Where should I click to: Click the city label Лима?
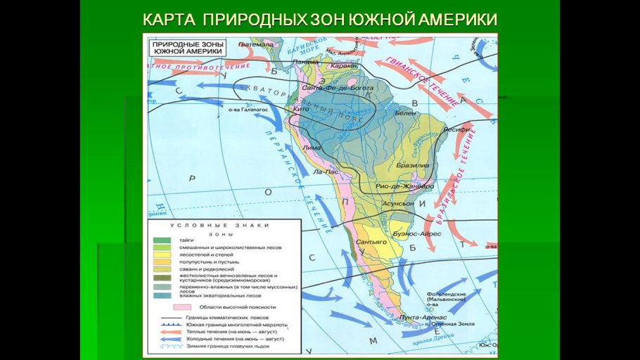[312, 148]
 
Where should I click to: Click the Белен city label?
[406, 112]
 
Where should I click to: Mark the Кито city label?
[300, 110]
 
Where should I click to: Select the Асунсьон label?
[398, 202]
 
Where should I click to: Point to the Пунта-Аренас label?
[419, 317]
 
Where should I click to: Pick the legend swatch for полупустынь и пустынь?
[161, 262]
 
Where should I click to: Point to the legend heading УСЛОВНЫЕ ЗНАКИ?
[223, 225]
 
